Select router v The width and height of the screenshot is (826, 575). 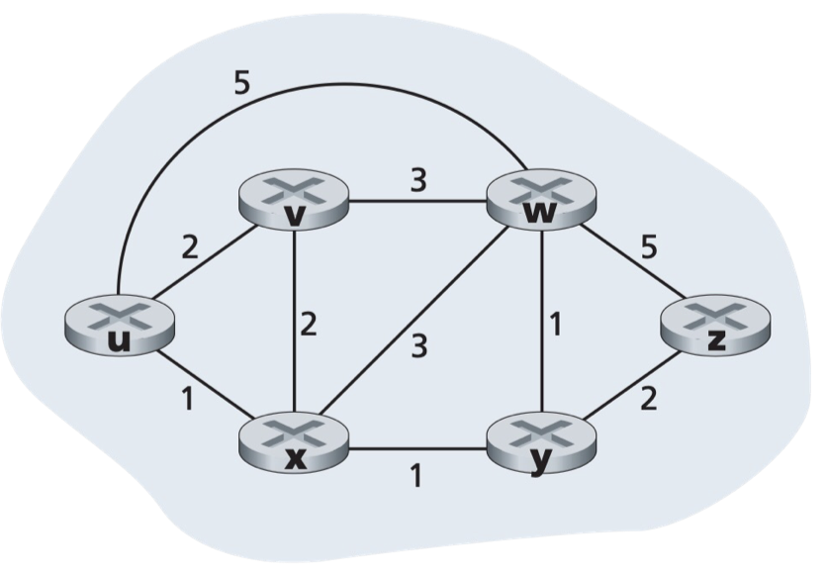coord(295,202)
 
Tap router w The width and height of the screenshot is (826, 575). coord(539,202)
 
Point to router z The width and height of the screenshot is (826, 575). coord(713,326)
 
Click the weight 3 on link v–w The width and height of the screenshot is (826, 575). coord(419,182)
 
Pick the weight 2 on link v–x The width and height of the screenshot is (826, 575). coord(309,324)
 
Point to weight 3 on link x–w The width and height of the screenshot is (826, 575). coord(420,346)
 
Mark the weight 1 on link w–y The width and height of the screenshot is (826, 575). coord(557,325)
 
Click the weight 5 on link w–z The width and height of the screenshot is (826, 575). coord(648,247)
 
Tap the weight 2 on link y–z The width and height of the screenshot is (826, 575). coord(649,401)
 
